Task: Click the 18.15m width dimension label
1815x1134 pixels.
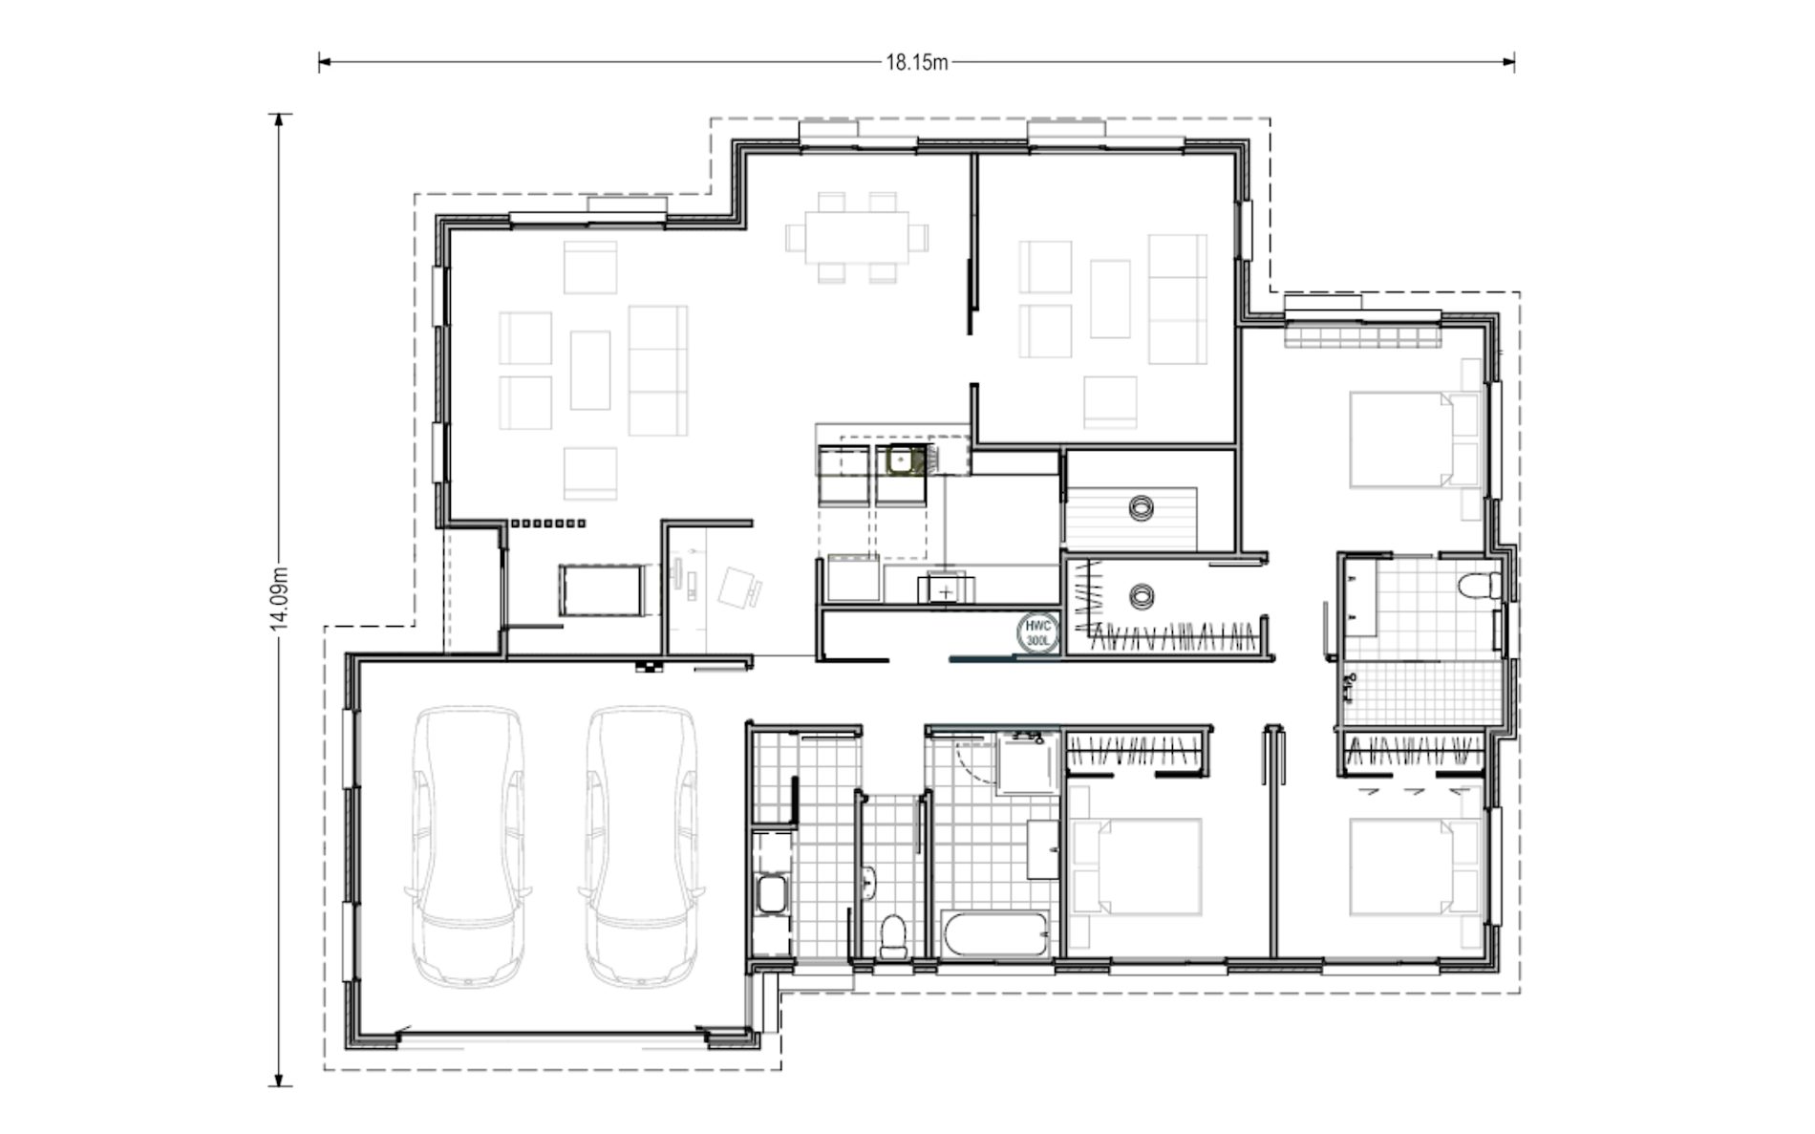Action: coord(916,63)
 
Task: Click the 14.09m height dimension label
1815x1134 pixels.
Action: coord(278,599)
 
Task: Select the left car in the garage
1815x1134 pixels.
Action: coord(467,846)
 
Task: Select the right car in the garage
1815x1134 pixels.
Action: coord(640,846)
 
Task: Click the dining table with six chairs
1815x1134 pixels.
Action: coord(857,237)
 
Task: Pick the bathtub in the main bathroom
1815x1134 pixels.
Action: coord(997,933)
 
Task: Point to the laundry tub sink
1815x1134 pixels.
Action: coord(771,896)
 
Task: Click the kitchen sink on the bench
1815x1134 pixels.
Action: coord(901,460)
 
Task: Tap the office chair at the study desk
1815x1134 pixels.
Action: coord(739,587)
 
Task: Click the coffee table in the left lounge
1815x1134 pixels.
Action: coord(590,370)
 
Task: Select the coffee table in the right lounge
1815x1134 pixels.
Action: coord(1110,298)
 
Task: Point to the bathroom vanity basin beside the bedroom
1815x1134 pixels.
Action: coord(1043,848)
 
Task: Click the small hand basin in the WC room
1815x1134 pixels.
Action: coord(868,883)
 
